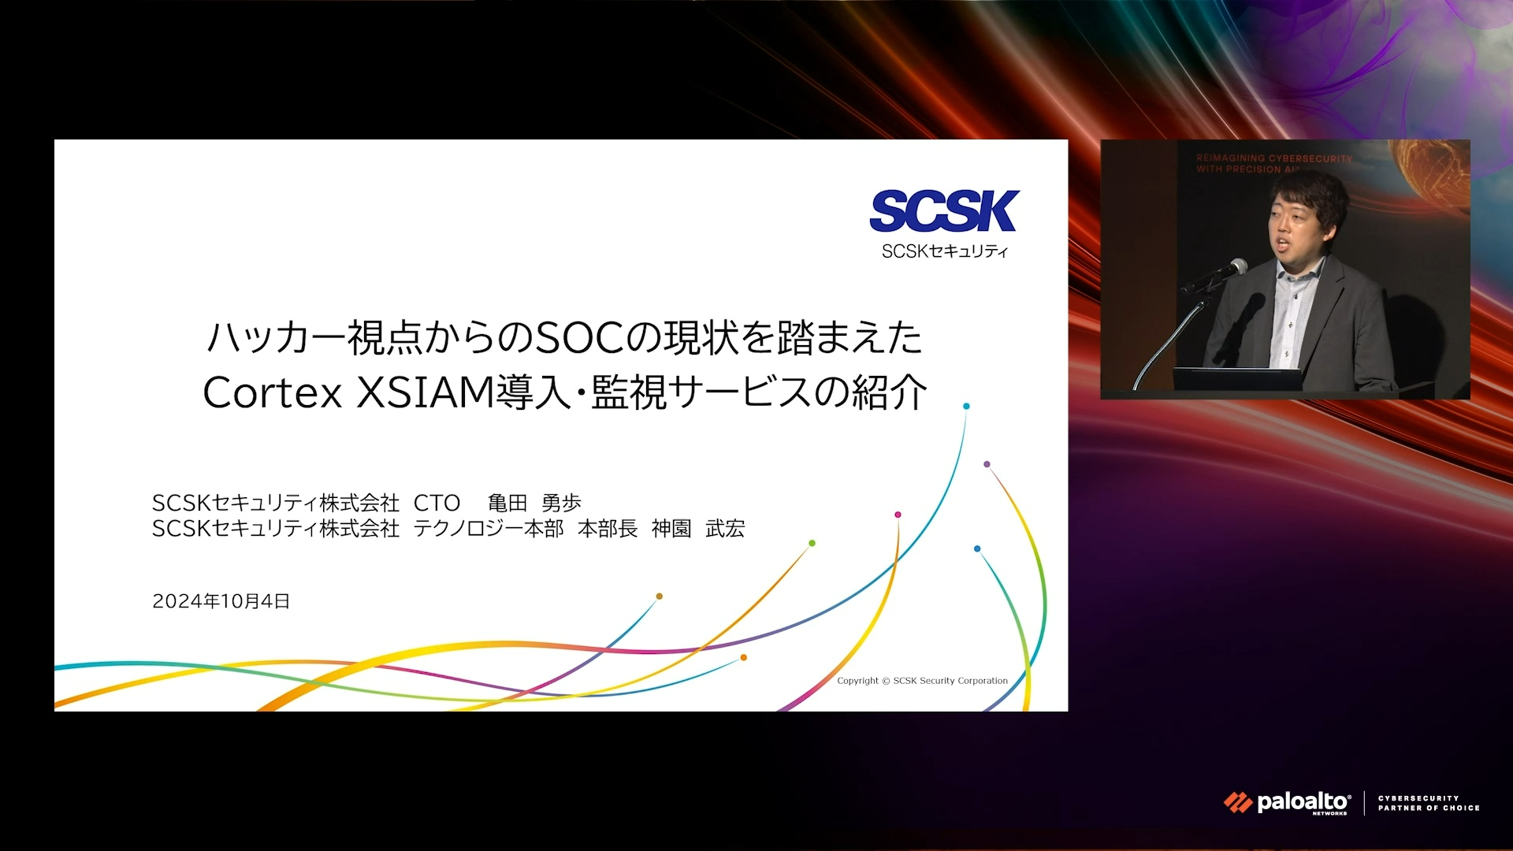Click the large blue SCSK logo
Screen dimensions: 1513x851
tap(944, 211)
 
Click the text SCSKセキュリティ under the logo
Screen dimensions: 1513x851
tap(945, 251)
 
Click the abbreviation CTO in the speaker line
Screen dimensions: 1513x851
tap(437, 503)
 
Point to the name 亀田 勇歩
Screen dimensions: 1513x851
tap(534, 503)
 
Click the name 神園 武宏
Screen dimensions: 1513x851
tap(698, 529)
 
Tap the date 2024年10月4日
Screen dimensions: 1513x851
tap(221, 601)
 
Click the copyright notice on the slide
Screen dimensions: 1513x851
tap(922, 681)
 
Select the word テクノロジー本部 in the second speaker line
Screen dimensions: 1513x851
tap(489, 529)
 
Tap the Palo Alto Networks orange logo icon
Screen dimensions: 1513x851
tap(1238, 803)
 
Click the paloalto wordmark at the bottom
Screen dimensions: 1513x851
tap(1303, 802)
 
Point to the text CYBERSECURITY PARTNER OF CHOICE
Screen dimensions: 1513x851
tap(1429, 803)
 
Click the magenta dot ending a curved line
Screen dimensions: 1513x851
tap(898, 515)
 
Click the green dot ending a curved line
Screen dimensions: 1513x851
tap(812, 543)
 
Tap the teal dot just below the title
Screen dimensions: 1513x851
tap(966, 407)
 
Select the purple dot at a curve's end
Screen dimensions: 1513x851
tap(987, 464)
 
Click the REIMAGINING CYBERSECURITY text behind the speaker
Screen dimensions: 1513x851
tap(1274, 158)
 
